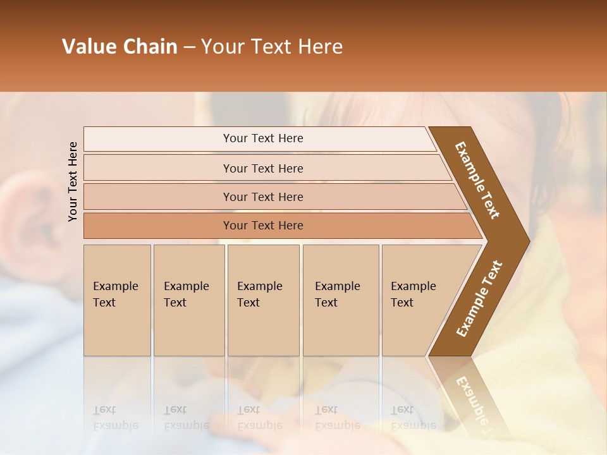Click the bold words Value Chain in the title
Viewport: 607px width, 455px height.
coord(120,47)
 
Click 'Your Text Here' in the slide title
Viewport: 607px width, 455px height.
coord(272,47)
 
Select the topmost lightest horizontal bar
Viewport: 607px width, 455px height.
coord(262,138)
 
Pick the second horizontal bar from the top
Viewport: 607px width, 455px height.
coord(262,168)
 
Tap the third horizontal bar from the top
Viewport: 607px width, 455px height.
coord(262,197)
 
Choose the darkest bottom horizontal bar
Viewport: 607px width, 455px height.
coord(262,226)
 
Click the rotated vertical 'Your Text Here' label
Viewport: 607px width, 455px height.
coord(73,181)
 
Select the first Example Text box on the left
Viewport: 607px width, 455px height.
coord(117,300)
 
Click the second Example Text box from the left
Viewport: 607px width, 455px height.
coord(188,300)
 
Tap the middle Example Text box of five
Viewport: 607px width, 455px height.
coord(263,300)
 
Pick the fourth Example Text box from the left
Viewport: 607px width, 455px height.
coord(340,300)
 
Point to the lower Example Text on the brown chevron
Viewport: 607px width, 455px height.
coord(479,298)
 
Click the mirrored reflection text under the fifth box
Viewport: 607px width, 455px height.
coord(413,418)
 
